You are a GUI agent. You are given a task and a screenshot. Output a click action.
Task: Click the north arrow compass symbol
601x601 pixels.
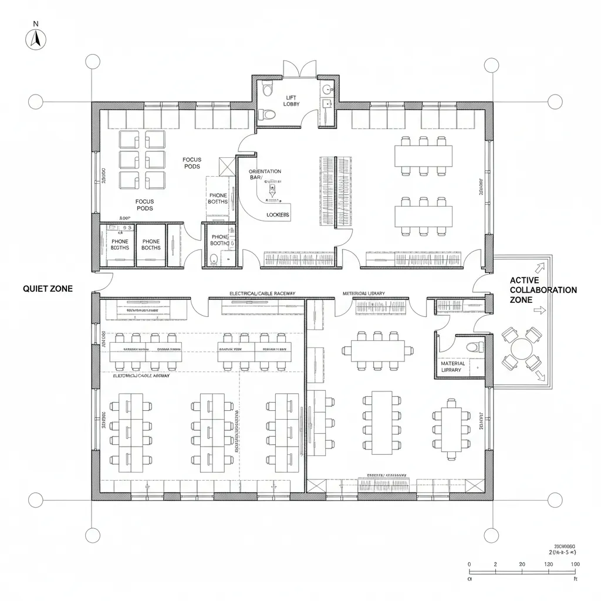(36, 38)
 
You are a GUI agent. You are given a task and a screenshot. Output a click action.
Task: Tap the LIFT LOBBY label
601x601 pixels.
(292, 100)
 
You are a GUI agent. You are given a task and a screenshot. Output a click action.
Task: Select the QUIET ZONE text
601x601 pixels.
(48, 289)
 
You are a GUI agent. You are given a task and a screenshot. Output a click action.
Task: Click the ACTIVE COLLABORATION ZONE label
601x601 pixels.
(543, 290)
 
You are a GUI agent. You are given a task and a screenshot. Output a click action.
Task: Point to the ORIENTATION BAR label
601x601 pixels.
(265, 174)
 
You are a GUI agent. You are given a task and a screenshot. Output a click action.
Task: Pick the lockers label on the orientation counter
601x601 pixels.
(278, 215)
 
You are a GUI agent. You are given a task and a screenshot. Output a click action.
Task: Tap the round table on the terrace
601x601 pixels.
(521, 349)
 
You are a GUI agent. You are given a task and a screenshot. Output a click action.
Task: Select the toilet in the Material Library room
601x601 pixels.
(474, 347)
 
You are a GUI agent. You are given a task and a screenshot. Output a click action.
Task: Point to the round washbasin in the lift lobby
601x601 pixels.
(327, 90)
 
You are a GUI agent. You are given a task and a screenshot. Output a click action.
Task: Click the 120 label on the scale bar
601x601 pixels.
(549, 564)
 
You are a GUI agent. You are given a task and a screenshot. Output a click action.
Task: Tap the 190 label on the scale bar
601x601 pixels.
(575, 564)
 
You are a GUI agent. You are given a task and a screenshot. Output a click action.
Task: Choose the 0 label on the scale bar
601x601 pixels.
(470, 564)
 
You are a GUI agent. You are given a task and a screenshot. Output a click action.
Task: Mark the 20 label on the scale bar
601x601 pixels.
(522, 564)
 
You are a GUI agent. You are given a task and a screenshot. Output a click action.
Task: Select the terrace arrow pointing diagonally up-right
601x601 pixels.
(541, 267)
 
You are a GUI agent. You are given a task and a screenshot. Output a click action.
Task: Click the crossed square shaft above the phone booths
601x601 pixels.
(226, 166)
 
